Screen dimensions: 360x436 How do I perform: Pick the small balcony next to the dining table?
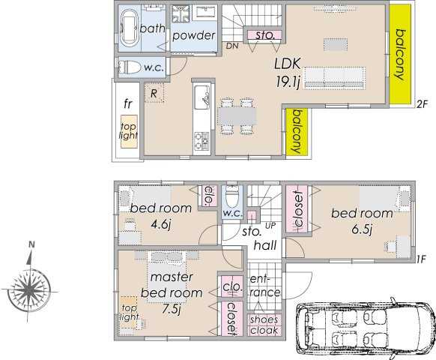click(297, 132)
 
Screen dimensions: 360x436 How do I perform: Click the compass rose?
click(30, 289)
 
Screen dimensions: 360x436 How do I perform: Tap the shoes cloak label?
click(263, 325)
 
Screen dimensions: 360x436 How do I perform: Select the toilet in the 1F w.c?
click(231, 197)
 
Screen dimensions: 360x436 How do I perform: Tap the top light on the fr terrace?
click(129, 132)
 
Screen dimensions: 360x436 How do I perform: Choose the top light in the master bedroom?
click(129, 313)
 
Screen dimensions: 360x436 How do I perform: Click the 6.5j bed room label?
click(363, 219)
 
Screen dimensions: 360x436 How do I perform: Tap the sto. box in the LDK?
click(264, 34)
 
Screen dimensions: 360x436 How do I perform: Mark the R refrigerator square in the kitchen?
click(153, 94)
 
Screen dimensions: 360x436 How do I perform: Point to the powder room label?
click(193, 35)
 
